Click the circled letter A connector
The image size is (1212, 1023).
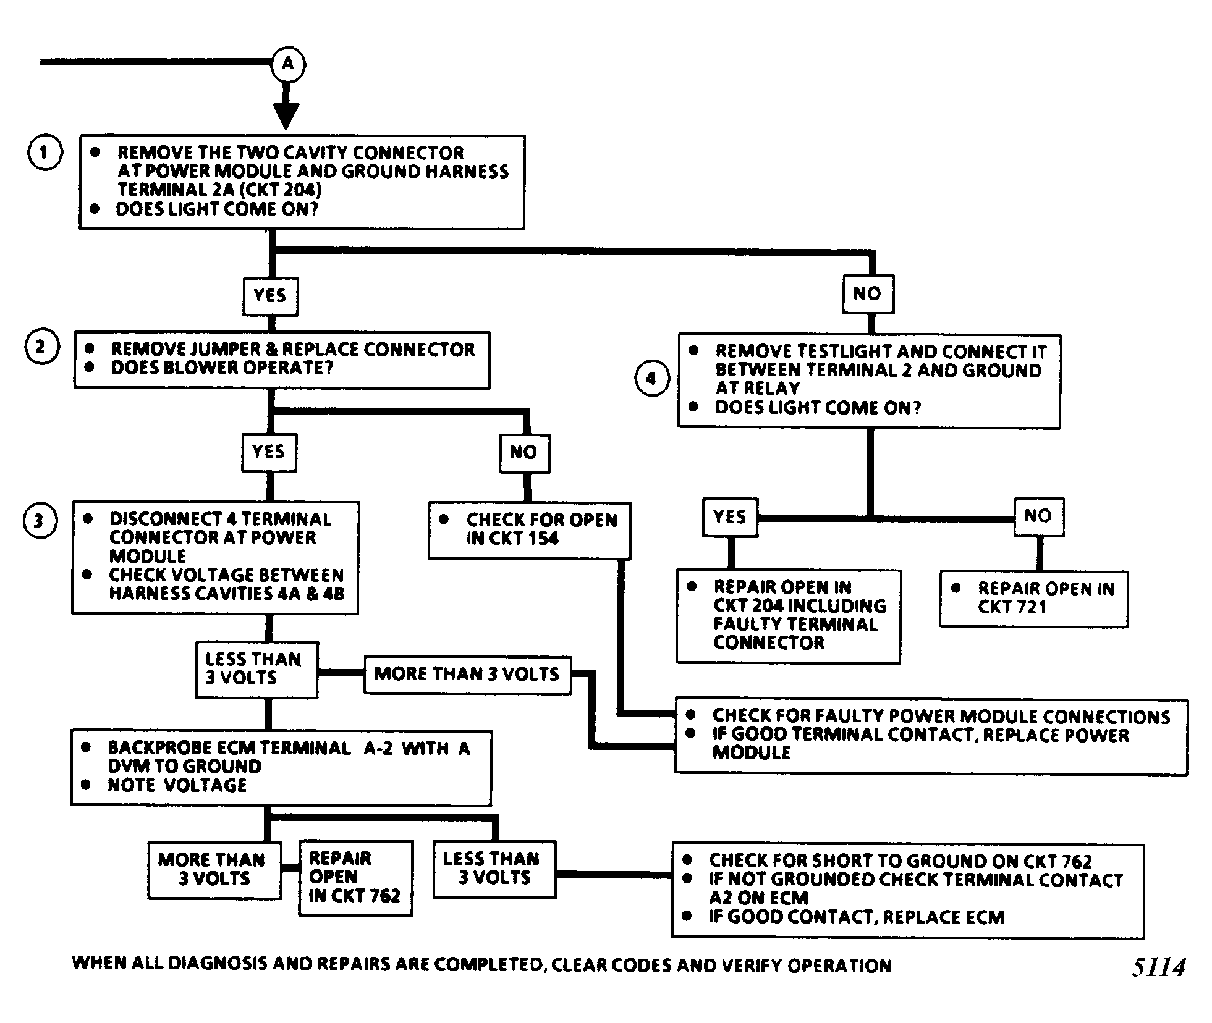[x=288, y=64]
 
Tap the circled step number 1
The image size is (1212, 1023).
[x=44, y=153]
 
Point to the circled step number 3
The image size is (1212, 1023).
[x=40, y=521]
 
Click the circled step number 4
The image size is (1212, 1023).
[x=652, y=379]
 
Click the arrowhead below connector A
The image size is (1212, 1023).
[x=286, y=116]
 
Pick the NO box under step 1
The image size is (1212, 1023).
[x=868, y=294]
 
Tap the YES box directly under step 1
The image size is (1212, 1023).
[x=270, y=296]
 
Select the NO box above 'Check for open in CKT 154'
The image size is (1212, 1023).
[x=525, y=453]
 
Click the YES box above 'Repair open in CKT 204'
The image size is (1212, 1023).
[x=731, y=517]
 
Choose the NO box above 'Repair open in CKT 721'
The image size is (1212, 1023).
[x=1039, y=516]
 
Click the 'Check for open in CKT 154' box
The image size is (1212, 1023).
[x=530, y=530]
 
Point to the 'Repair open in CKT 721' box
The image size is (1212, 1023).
[x=1033, y=599]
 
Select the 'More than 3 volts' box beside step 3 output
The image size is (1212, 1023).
[x=467, y=675]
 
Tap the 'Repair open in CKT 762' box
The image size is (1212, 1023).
[x=355, y=878]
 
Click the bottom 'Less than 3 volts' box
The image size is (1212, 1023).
[x=494, y=869]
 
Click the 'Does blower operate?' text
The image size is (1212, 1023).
[x=222, y=368]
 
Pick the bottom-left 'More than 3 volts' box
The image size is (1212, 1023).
[x=214, y=870]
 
